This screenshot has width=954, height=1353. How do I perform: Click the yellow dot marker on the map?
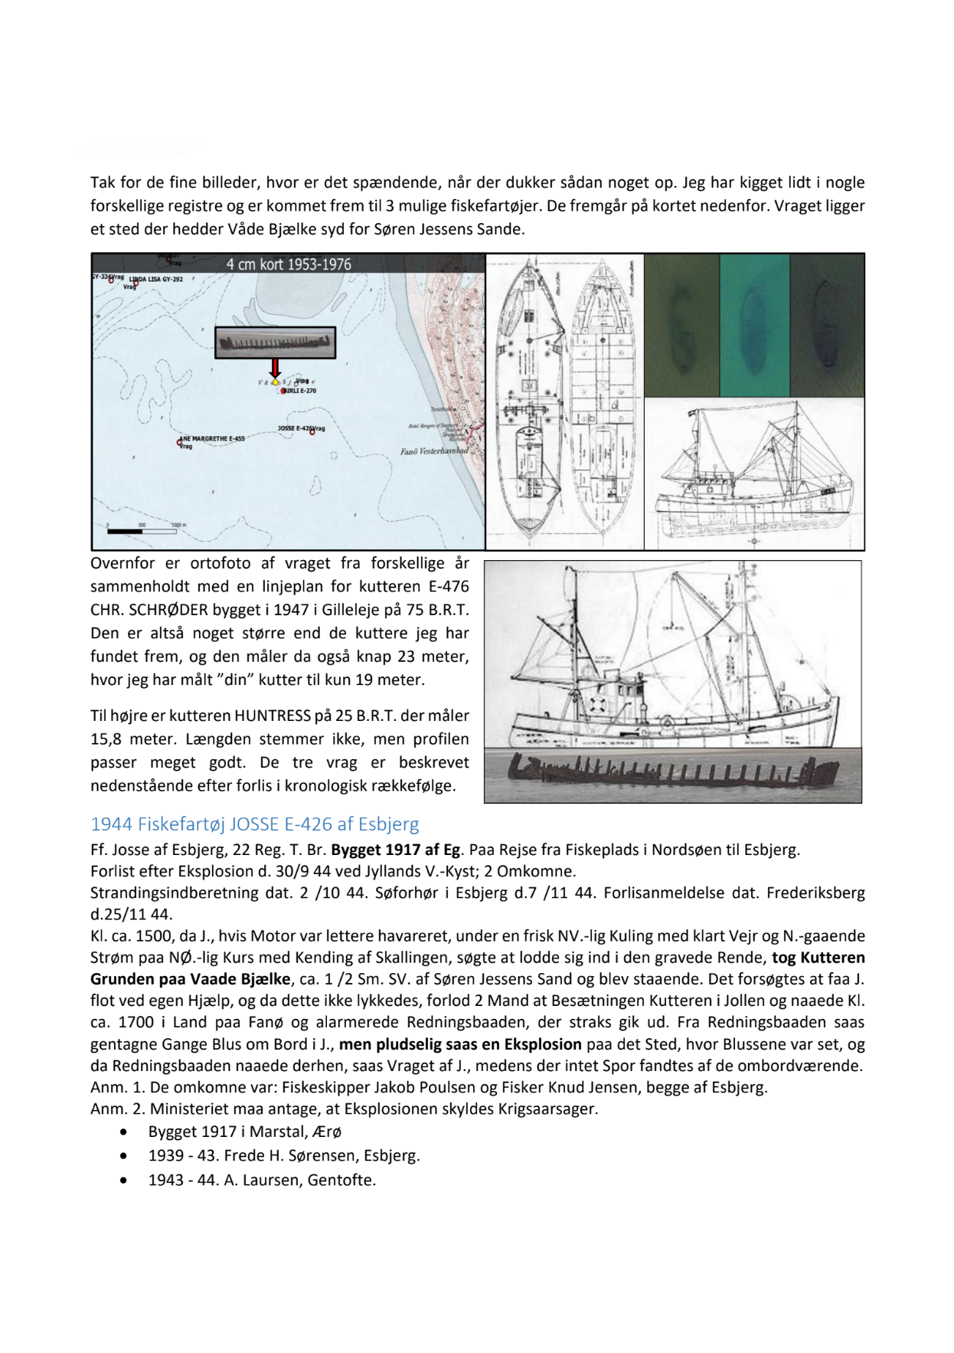pyautogui.click(x=276, y=382)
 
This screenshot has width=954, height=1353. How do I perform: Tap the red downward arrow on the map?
pyautogui.click(x=276, y=368)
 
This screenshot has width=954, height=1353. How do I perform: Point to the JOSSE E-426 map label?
pyautogui.click(x=296, y=428)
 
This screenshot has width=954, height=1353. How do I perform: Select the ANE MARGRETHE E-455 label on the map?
pyautogui.click(x=214, y=439)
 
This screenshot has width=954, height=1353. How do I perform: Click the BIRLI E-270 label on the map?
pyautogui.click(x=301, y=391)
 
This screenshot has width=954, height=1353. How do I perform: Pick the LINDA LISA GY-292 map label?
pyautogui.click(x=156, y=280)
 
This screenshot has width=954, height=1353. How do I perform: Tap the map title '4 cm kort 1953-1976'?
pyautogui.click(x=289, y=264)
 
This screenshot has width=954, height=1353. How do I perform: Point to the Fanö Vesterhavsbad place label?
pyautogui.click(x=433, y=451)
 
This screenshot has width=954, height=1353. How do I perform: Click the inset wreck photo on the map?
pyautogui.click(x=275, y=342)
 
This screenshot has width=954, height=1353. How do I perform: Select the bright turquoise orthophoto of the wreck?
pyautogui.click(x=754, y=325)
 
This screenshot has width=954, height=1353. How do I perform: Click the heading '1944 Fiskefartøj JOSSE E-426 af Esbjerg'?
pyautogui.click(x=255, y=824)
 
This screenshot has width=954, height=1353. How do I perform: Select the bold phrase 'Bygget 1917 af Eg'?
pyautogui.click(x=396, y=850)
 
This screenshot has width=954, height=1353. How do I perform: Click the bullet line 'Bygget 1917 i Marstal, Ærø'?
pyautogui.click(x=245, y=1132)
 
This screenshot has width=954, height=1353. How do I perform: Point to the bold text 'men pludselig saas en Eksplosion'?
pyautogui.click(x=460, y=1043)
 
